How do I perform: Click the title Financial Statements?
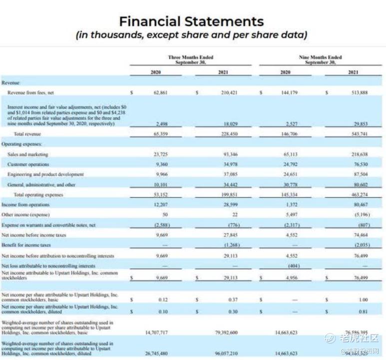pyautogui.click(x=191, y=21)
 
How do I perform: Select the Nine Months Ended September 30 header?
pyautogui.click(x=320, y=59)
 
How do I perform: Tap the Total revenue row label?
pyautogui.click(x=27, y=134)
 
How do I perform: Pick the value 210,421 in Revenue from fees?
pyautogui.click(x=223, y=92)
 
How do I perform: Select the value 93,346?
pyautogui.click(x=223, y=154)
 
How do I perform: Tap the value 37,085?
pyautogui.click(x=223, y=174)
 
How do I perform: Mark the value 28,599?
pyautogui.click(x=223, y=205)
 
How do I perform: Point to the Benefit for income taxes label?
pyautogui.click(x=26, y=245)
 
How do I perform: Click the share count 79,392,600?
pyautogui.click(x=223, y=332)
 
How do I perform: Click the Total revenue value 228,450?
pyautogui.click(x=223, y=134)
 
